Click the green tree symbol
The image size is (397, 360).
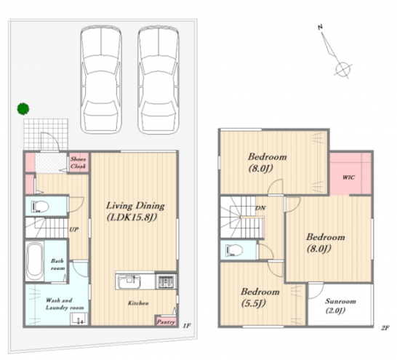point(23,108)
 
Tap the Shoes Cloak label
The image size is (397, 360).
point(78,162)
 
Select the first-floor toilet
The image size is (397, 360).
point(40,207)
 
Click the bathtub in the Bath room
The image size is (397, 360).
point(35,262)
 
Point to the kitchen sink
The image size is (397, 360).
point(129,281)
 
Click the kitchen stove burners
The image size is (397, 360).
point(166,281)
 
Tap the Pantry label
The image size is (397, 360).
point(166,322)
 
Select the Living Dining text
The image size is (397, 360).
point(135,206)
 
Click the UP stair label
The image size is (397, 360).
point(74,229)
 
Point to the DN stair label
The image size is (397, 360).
point(260,208)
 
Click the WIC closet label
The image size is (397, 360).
point(348,177)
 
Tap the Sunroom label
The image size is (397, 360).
point(340,301)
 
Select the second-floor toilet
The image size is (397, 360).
point(234,250)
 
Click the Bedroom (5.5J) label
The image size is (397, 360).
point(260,297)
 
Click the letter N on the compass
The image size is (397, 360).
point(320,27)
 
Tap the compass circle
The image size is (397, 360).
point(342,68)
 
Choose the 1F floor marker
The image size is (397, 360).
point(187,326)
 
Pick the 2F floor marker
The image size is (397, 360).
point(385,328)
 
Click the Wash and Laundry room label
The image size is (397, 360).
point(65,304)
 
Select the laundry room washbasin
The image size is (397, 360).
point(79,319)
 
